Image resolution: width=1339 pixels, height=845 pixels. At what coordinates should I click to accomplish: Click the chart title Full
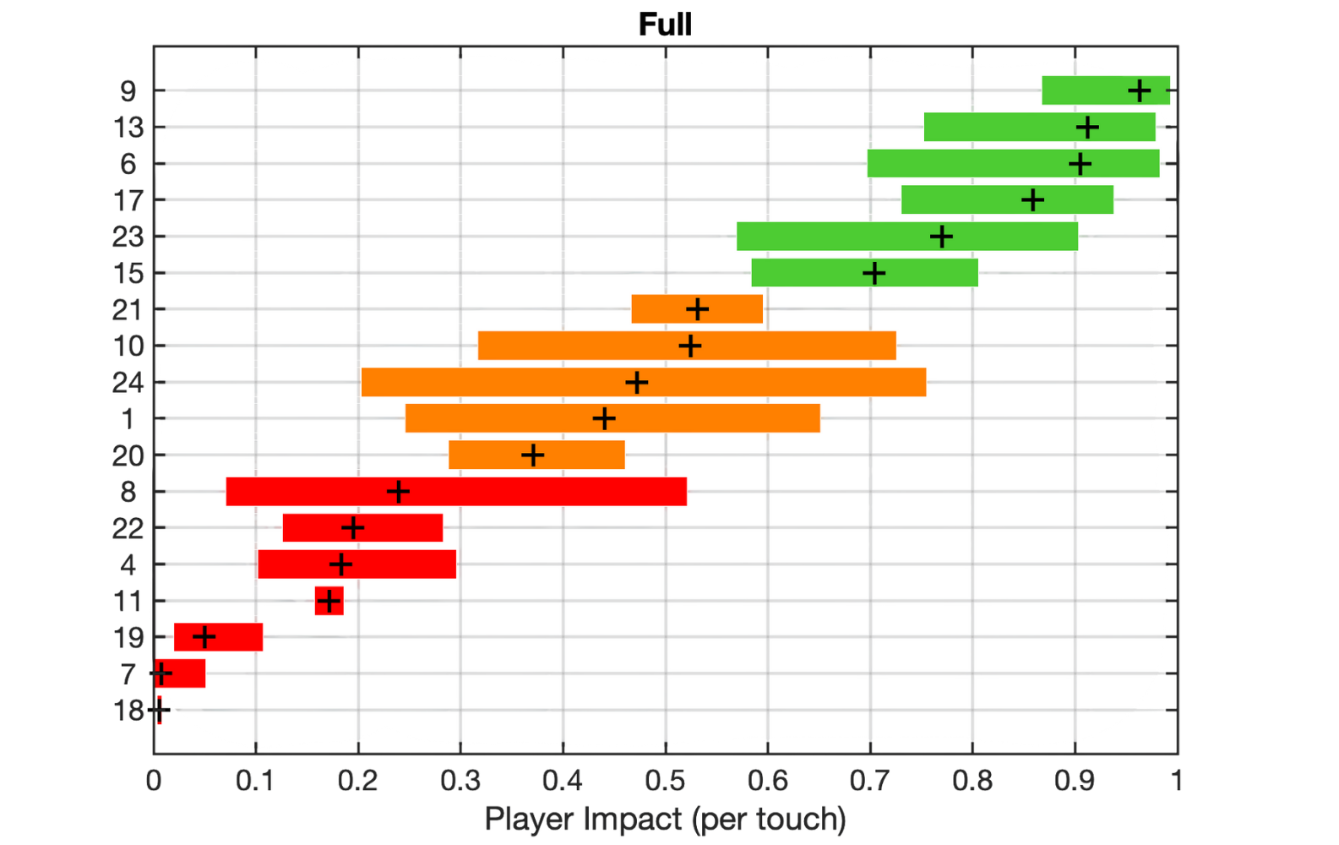coord(665,25)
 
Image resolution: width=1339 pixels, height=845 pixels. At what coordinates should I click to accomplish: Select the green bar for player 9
coord(1090,90)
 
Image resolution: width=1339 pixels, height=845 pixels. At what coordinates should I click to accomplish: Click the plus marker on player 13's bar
coord(1087,128)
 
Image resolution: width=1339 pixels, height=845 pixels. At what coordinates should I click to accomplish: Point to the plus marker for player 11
coord(329,601)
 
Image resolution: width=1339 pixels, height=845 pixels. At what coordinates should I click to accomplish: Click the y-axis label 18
coord(128,711)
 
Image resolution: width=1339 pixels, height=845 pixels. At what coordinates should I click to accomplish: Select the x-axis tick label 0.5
coord(665,780)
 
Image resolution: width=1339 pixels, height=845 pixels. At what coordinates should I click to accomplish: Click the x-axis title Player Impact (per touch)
coord(665,819)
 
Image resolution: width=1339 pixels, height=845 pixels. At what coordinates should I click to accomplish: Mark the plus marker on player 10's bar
coord(690,346)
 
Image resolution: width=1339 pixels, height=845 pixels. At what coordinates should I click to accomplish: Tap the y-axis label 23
coord(128,237)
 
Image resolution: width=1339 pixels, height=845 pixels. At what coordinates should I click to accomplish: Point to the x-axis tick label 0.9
coord(1075,780)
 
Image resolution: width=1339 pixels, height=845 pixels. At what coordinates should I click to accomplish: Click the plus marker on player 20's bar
coord(532,455)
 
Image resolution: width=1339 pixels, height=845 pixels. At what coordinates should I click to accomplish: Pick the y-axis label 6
coord(128,164)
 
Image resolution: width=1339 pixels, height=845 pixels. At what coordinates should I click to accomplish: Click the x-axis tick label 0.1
coord(255,780)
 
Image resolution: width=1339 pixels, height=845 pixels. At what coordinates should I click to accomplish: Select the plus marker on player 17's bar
coord(1032,200)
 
